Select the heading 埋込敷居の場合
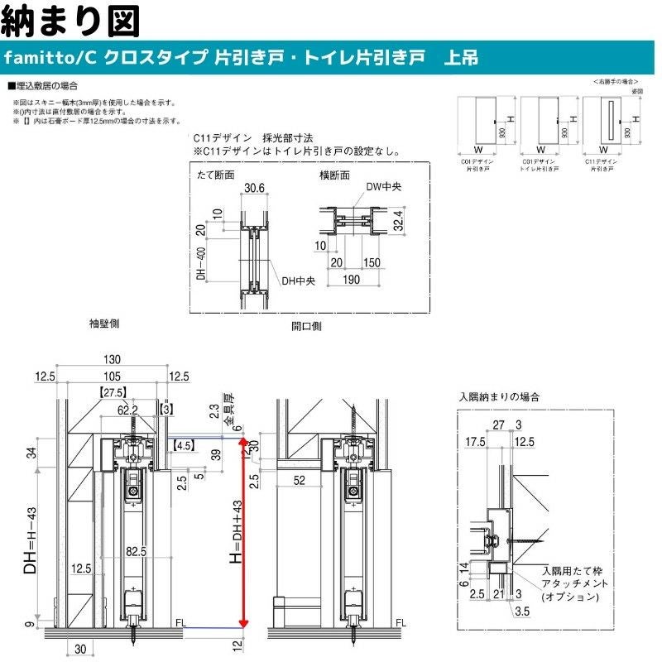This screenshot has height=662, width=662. pyautogui.click(x=46, y=85)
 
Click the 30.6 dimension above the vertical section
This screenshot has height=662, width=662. pyautogui.click(x=254, y=189)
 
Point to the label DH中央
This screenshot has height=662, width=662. pyautogui.click(x=298, y=281)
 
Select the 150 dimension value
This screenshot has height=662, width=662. pyautogui.click(x=371, y=262)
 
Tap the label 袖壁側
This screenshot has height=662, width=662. pyautogui.click(x=104, y=324)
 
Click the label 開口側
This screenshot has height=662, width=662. pyautogui.click(x=306, y=326)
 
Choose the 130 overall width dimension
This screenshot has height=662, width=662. pyautogui.click(x=113, y=359)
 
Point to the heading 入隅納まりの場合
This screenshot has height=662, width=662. pyautogui.click(x=500, y=397)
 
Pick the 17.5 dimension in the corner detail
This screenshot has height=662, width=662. pyautogui.click(x=475, y=440)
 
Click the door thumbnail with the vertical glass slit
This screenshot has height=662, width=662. pyautogui.click(x=609, y=122)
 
